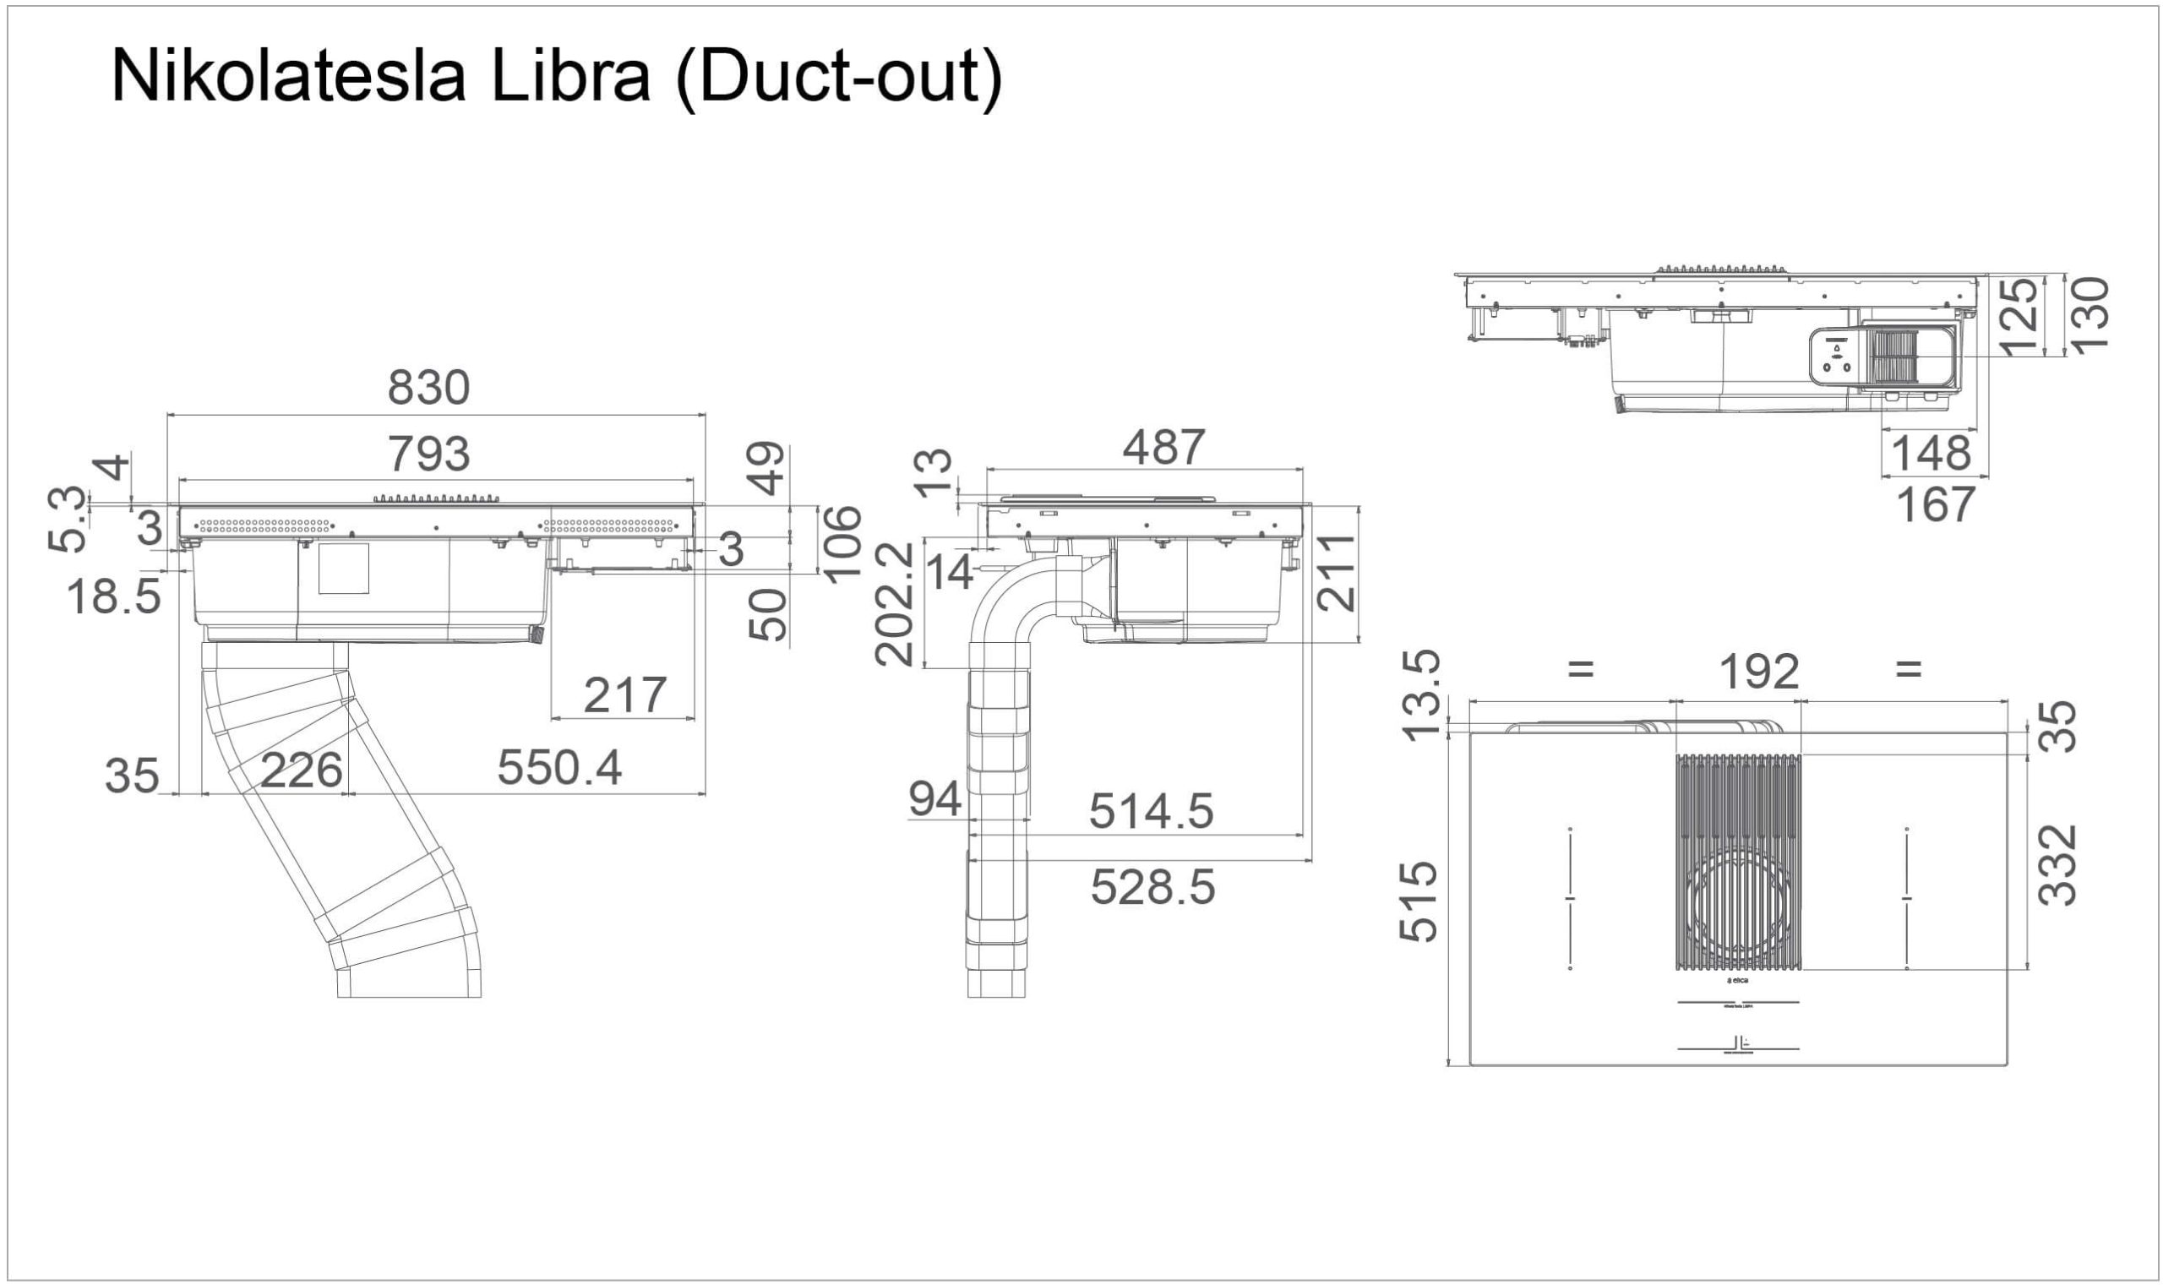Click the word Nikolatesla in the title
[289, 76]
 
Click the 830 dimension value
[428, 388]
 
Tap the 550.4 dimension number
[559, 768]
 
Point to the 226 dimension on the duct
[302, 770]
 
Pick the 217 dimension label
[624, 695]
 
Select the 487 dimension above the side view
[1163, 448]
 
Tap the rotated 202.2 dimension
[896, 603]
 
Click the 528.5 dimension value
[1152, 888]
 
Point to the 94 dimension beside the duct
[935, 799]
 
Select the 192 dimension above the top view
[1758, 672]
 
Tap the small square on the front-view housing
[344, 569]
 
